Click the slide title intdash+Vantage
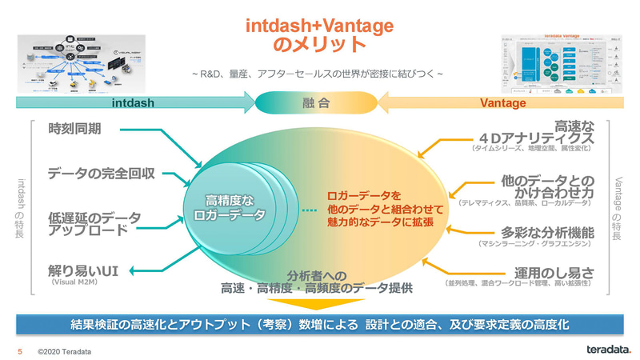[319, 25]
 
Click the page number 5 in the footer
[20, 350]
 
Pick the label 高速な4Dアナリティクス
[552, 130]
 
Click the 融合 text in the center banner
[319, 103]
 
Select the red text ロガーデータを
[363, 194]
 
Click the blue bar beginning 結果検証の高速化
[319, 324]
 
